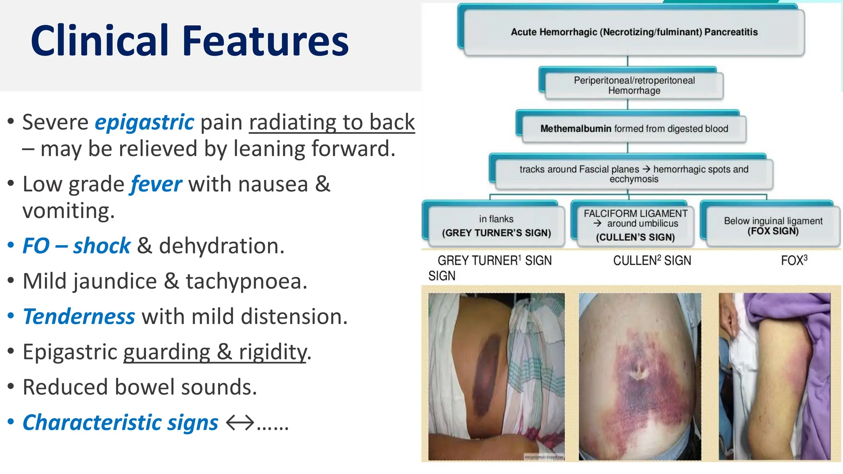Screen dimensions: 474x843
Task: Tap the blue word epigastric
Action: tap(144, 122)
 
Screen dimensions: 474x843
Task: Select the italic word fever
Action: tap(156, 184)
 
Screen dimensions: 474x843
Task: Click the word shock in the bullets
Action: tap(102, 246)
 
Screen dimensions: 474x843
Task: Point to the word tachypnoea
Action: tap(246, 281)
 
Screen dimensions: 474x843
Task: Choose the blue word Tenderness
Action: tap(79, 317)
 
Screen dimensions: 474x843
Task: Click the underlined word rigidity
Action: tap(272, 352)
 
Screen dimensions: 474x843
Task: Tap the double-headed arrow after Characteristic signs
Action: tap(240, 423)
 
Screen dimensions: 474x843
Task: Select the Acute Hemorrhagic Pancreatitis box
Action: tap(634, 32)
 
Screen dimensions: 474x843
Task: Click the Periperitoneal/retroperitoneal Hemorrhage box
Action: tap(634, 85)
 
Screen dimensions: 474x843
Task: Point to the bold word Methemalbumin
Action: tap(575, 129)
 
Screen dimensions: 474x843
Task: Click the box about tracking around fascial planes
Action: tap(634, 174)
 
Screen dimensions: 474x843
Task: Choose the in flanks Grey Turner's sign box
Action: tap(496, 226)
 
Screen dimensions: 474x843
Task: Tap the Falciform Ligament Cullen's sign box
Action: tap(635, 225)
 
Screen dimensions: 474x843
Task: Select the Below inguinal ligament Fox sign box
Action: tap(773, 226)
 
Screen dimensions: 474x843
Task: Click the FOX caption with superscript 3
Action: tap(794, 260)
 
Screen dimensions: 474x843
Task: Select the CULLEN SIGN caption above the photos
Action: tap(652, 260)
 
